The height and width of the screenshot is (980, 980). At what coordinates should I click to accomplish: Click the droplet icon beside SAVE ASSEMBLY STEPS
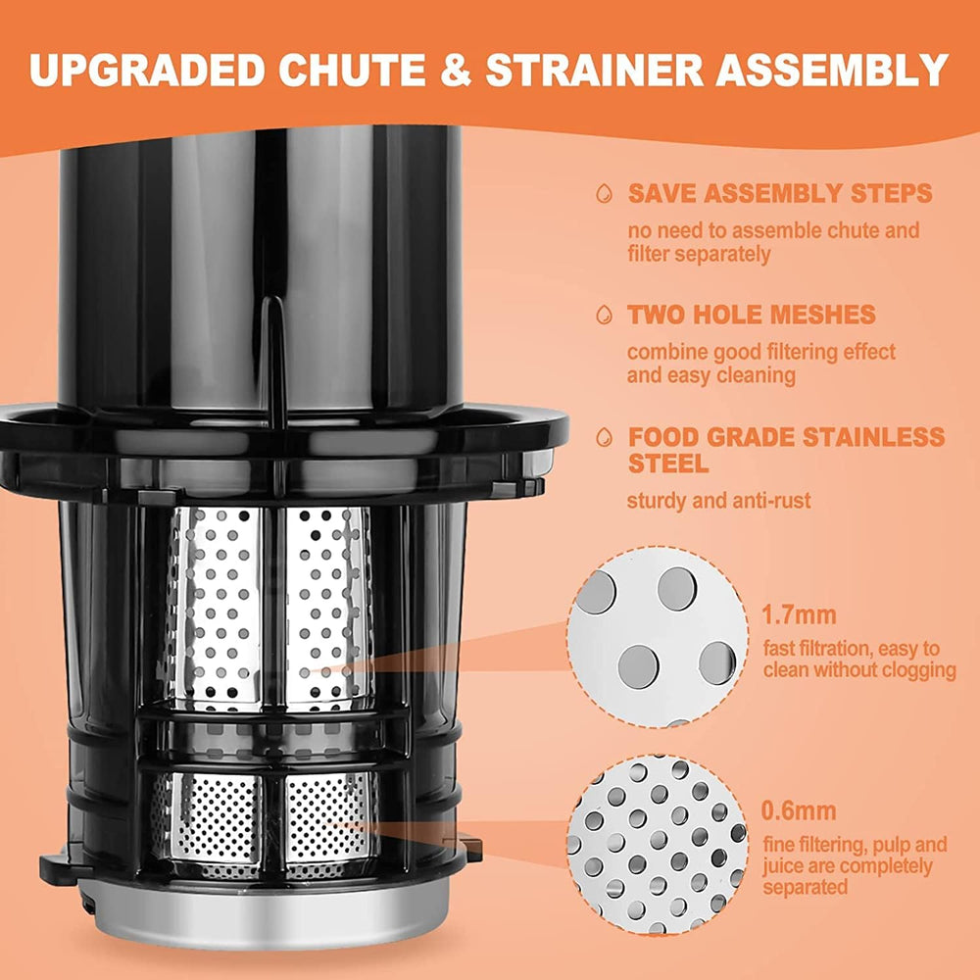605,193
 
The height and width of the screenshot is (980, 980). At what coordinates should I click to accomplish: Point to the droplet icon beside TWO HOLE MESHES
605,315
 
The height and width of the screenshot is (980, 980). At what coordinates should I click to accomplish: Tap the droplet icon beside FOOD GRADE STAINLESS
605,437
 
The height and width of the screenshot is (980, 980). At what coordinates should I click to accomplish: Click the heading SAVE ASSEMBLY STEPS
779,193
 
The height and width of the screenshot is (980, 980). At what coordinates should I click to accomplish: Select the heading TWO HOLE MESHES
752,315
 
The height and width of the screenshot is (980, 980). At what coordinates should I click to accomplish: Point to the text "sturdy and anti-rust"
718,502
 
